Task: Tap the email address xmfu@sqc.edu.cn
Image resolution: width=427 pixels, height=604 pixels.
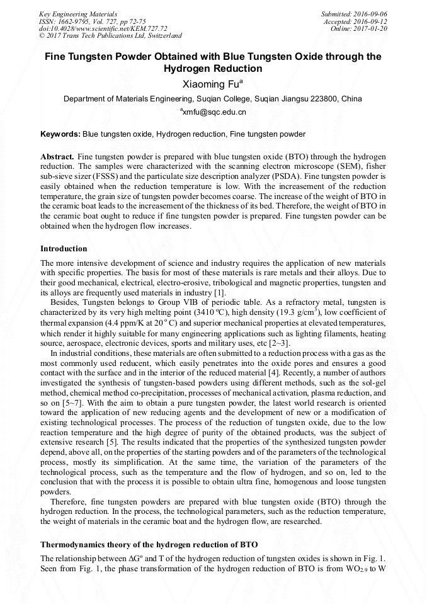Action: (214, 112)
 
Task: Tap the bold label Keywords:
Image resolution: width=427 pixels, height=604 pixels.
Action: (60, 134)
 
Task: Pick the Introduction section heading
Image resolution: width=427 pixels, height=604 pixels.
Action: (64, 249)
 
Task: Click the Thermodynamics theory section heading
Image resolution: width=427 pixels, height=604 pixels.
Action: (149, 544)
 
